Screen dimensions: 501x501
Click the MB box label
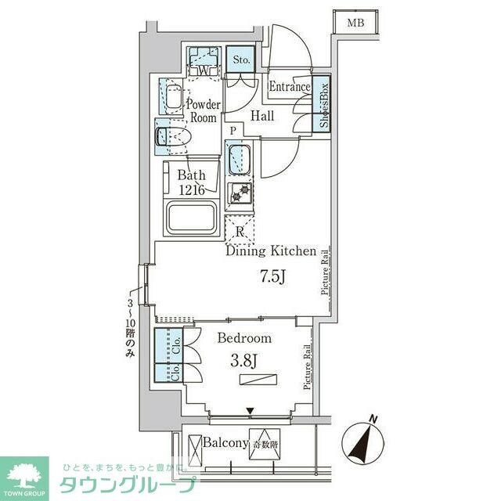(x=356, y=23)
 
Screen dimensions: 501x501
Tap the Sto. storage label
(x=240, y=58)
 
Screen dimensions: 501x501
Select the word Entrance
(x=290, y=87)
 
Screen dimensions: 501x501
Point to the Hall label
(x=263, y=116)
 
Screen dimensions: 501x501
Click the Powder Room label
(x=202, y=110)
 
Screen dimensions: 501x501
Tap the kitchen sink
(x=237, y=159)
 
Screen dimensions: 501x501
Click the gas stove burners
(x=238, y=193)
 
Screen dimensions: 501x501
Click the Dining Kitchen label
(x=271, y=252)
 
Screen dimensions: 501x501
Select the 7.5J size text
(x=272, y=277)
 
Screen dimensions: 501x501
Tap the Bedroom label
(x=244, y=339)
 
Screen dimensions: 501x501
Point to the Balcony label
(x=226, y=444)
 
